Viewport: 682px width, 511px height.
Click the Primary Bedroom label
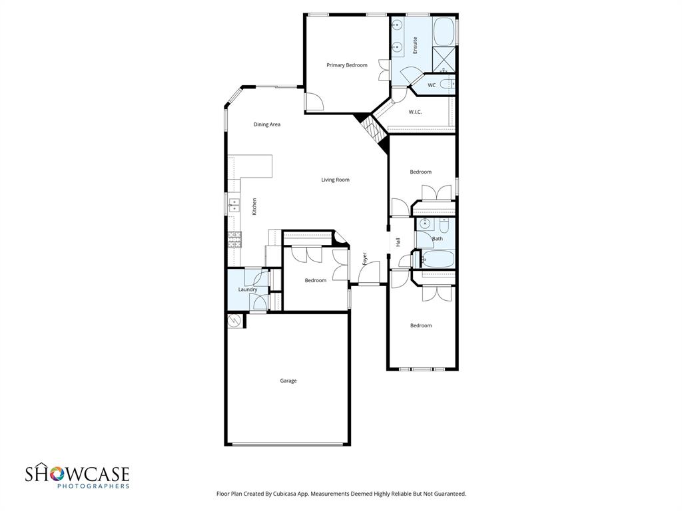click(x=346, y=65)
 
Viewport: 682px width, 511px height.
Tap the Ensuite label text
click(x=415, y=45)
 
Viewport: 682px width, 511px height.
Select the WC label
click(x=432, y=85)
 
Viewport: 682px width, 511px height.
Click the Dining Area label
click(x=266, y=124)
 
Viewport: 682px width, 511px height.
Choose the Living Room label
click(x=335, y=180)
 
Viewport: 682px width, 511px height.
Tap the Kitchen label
click(x=254, y=206)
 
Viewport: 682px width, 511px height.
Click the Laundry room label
click(x=248, y=289)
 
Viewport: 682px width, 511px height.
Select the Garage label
click(x=288, y=381)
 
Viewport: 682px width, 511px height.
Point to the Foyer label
click(x=365, y=259)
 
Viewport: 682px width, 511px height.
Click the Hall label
click(x=398, y=242)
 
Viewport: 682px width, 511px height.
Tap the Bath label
click(x=437, y=238)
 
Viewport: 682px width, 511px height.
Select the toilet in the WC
click(x=450, y=84)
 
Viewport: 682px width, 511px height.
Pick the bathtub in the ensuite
click(x=444, y=31)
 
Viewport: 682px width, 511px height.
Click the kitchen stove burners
click(x=234, y=240)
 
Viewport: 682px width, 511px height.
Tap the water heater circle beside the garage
click(x=234, y=321)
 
